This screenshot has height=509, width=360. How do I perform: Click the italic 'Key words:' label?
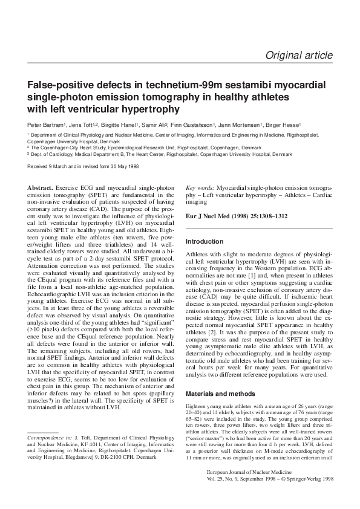click(x=200, y=189)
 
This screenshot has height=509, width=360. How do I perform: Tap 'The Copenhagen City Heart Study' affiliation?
click(x=70, y=148)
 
